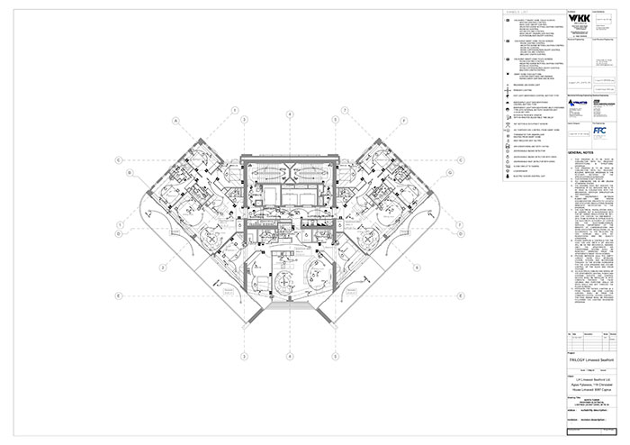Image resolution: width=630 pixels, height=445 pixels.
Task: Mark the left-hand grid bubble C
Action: (x=119, y=160)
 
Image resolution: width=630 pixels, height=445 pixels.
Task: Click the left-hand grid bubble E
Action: (x=119, y=295)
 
